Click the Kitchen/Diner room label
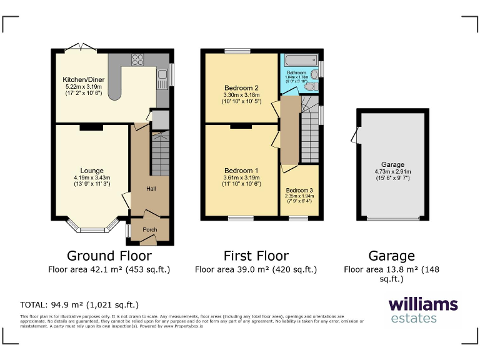[x=83, y=80]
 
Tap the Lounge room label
[x=92, y=171]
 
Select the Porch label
[x=150, y=229]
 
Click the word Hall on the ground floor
[x=151, y=188]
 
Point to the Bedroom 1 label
[x=241, y=171]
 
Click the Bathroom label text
[x=297, y=73]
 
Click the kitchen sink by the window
[x=162, y=78]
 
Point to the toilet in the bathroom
[x=314, y=74]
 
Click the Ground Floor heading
[x=109, y=256]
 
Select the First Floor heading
[x=256, y=256]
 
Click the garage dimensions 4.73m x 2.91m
[x=392, y=172]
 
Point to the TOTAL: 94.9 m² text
[x=79, y=305]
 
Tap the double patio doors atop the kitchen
[x=80, y=48]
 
